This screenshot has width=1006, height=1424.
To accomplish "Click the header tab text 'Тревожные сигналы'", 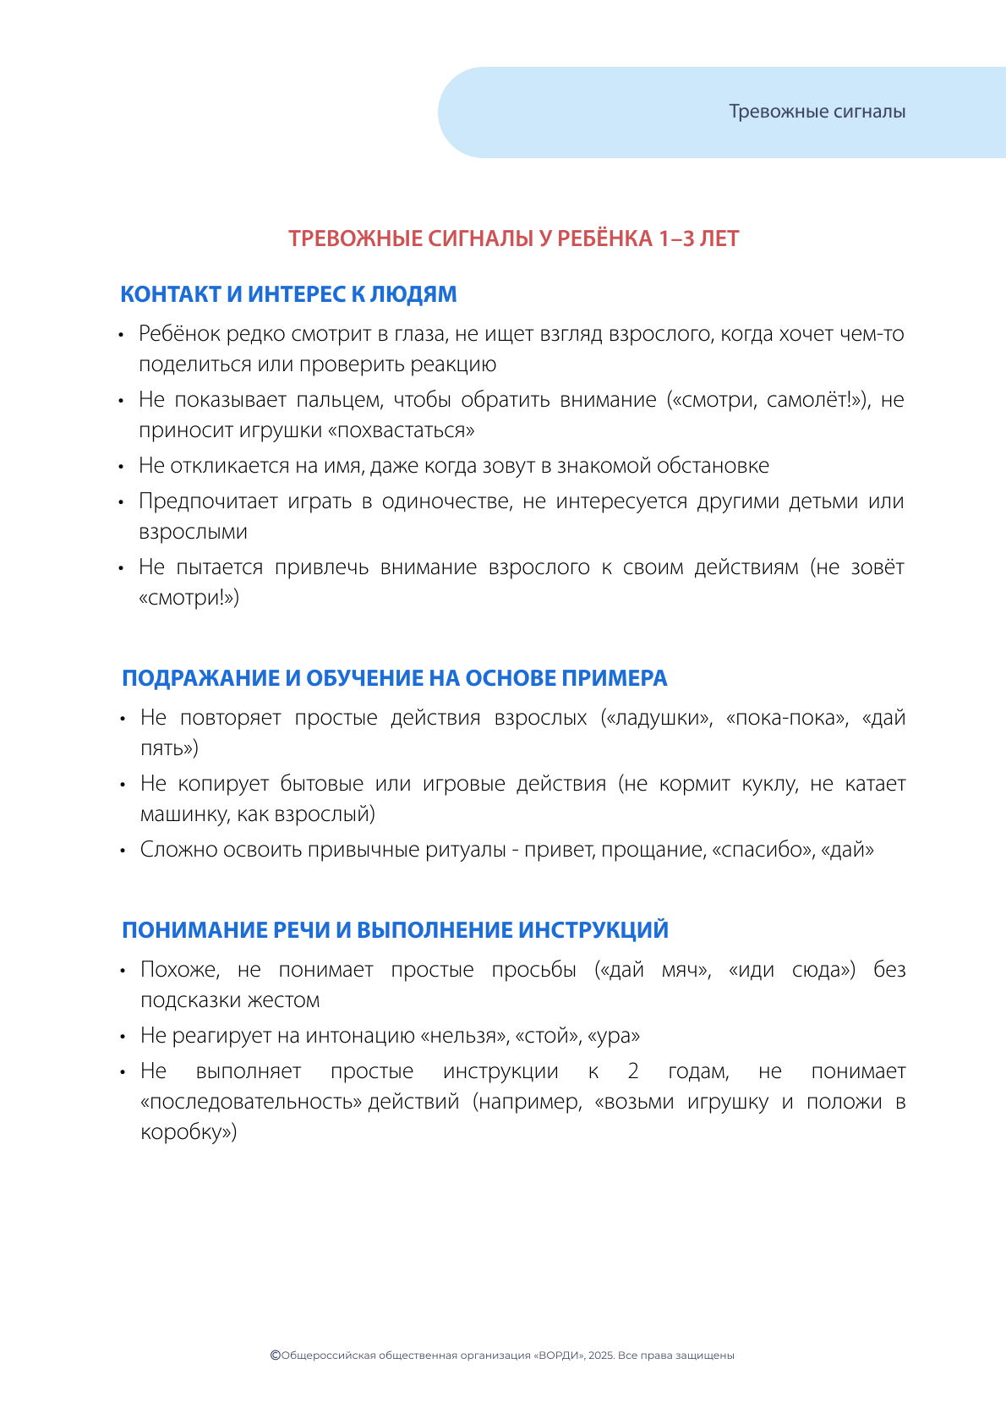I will tap(817, 112).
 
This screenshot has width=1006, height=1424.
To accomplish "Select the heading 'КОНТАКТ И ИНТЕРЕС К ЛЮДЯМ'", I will tap(288, 294).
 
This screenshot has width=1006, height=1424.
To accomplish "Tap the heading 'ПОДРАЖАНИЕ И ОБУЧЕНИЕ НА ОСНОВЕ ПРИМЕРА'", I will tap(394, 678).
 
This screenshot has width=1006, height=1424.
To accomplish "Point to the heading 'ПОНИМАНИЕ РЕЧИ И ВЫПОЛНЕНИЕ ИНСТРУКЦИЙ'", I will tap(395, 930).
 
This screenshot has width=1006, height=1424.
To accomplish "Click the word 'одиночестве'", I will tap(446, 501).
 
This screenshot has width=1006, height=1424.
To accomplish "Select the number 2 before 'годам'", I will tap(633, 1071).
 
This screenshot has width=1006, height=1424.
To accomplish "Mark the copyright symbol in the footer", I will tap(275, 1355).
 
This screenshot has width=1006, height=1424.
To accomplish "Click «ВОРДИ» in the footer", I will tap(559, 1356).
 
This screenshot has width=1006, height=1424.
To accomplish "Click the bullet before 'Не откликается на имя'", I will tap(122, 467).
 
